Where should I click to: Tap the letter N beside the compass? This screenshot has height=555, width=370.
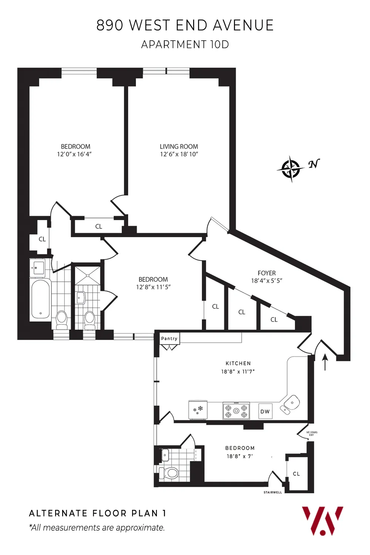[x=314, y=164]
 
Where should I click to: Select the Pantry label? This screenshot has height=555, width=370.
[x=169, y=339]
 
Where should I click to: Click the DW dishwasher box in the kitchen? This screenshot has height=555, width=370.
[x=265, y=411]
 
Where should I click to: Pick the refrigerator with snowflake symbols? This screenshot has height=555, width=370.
[x=198, y=410]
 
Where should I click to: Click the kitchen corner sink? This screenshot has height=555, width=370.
[x=291, y=403]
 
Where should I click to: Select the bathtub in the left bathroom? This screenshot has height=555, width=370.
[x=40, y=299]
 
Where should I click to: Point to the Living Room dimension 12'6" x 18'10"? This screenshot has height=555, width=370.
[x=179, y=154]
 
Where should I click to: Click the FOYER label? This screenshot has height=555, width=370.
[x=266, y=273]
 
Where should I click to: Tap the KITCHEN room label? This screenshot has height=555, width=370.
[x=238, y=363]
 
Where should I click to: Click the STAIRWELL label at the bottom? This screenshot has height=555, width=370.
[x=273, y=492]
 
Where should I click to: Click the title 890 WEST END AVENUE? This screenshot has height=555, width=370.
[x=185, y=25]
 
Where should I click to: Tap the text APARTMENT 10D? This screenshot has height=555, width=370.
[x=185, y=44]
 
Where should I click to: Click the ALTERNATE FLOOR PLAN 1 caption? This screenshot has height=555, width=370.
[x=98, y=513]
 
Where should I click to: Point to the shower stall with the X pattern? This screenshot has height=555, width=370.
[x=88, y=276]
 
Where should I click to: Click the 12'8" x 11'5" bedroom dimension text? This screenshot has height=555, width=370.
[x=153, y=287]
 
